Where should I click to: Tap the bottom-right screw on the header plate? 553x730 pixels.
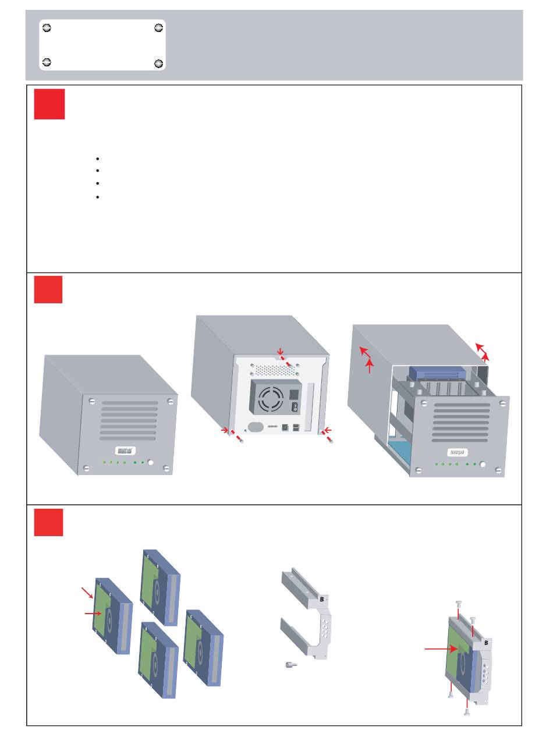pyautogui.click(x=159, y=63)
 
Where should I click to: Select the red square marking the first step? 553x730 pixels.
pyautogui.click(x=49, y=104)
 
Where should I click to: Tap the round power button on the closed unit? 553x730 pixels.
pyautogui.click(x=151, y=462)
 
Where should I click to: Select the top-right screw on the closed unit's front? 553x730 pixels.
pyautogui.click(x=169, y=401)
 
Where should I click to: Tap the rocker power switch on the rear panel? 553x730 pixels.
pyautogui.click(x=294, y=408)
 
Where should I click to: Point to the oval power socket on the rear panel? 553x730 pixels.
pyautogui.click(x=255, y=427)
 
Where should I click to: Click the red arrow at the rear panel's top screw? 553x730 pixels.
pyautogui.click(x=280, y=351)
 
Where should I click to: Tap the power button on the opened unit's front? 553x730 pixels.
pyautogui.click(x=483, y=464)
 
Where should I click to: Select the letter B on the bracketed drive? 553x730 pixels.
pyautogui.click(x=483, y=644)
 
